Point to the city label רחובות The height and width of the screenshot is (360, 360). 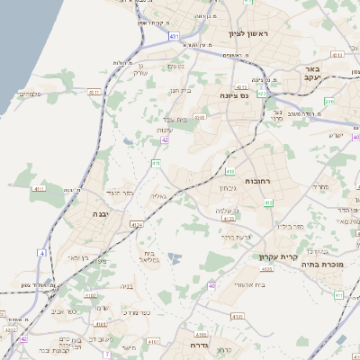(x=245, y=182)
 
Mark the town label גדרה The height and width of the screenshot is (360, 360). (x=199, y=344)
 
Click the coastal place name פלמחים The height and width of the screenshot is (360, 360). (x=30, y=94)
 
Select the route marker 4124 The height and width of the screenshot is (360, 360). (x=136, y=225)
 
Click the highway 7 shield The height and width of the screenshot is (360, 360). (x=105, y=354)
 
